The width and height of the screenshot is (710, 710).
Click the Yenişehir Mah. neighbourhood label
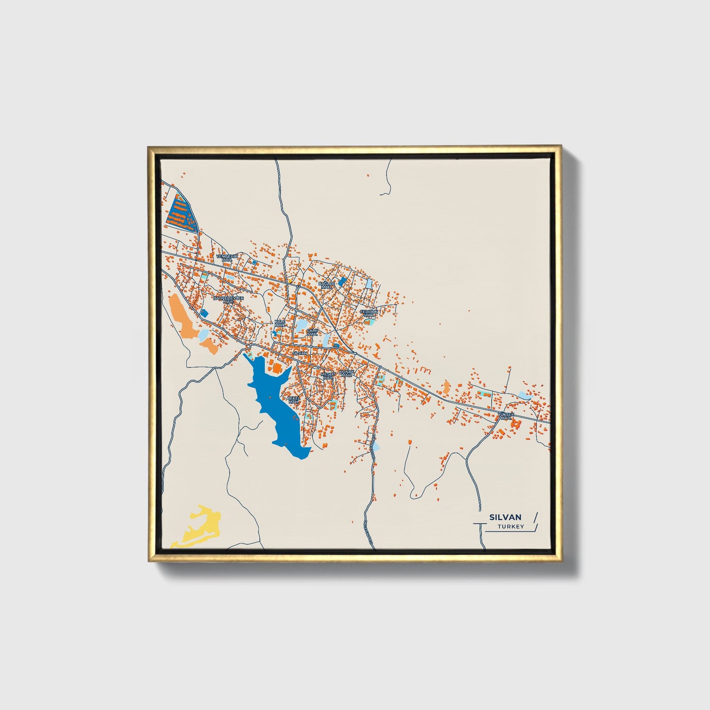click(226, 258)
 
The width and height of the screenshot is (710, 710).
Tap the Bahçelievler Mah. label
click(228, 299)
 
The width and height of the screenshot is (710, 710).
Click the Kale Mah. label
click(280, 323)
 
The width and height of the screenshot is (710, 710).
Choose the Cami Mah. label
click(312, 333)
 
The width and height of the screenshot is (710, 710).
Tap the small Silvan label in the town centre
click(299, 353)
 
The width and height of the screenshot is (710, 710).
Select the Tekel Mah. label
click(293, 399)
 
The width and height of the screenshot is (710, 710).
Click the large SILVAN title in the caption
click(506, 517)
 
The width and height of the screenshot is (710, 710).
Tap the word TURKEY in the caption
click(510, 527)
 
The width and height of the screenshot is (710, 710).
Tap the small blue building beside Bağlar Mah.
click(342, 282)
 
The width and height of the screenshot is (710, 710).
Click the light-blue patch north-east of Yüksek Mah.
click(525, 395)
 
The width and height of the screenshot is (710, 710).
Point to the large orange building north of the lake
click(277, 368)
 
